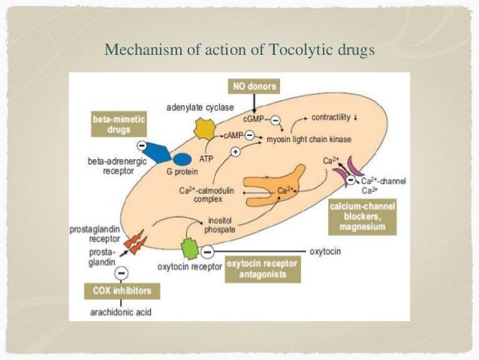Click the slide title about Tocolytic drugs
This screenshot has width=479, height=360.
[x=239, y=51]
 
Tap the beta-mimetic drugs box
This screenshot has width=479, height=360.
[x=119, y=125]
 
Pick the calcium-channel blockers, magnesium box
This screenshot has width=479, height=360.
[x=367, y=216]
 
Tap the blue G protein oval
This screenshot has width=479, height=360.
[x=182, y=159]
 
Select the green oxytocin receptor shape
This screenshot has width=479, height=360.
[x=191, y=247]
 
